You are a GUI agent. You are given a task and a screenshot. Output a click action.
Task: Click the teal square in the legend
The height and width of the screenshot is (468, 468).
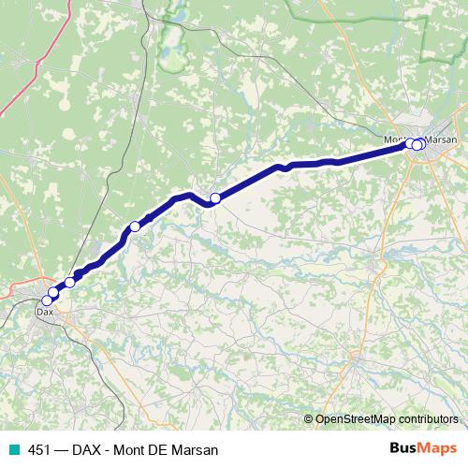pos(12,449)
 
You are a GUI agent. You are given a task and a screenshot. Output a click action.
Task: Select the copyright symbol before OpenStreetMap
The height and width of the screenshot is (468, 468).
pos(309,419)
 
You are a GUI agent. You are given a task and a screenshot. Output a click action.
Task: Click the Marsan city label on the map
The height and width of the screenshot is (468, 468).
pos(440,139)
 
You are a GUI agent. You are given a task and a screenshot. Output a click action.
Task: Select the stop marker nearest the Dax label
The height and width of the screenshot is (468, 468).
pos(47,300)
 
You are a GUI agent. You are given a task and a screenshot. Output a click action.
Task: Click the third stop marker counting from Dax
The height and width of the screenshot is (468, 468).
pos(70,282)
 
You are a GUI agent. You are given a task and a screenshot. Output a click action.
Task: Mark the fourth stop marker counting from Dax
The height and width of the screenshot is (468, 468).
pos(135,227)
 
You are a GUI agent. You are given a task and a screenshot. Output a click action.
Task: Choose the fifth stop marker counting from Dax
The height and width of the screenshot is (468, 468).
pos(215,197)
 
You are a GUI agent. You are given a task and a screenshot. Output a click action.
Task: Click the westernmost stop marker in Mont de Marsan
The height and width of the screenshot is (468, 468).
pos(409,143)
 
